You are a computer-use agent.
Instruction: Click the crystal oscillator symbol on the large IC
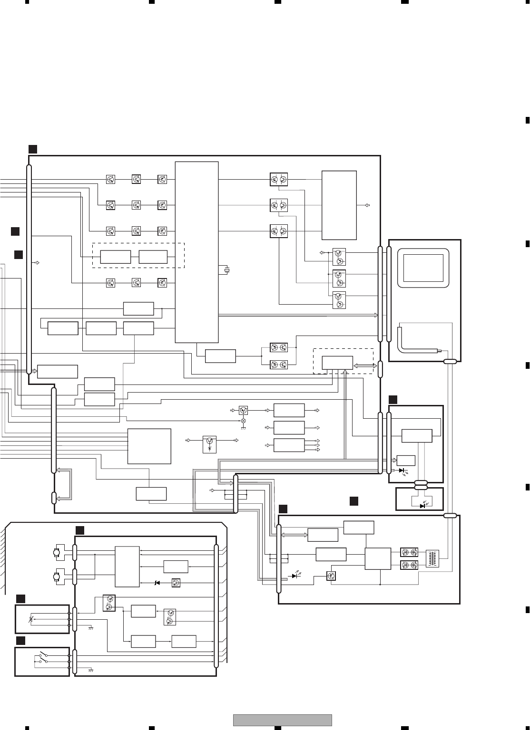pyautogui.click(x=227, y=270)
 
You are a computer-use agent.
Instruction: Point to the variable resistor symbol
pyautogui.click(x=32, y=620)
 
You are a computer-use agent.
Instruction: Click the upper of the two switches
pyautogui.click(x=43, y=654)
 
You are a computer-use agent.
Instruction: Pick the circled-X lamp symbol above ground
pyautogui.click(x=243, y=421)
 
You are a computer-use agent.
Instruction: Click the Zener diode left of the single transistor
pyautogui.click(x=157, y=583)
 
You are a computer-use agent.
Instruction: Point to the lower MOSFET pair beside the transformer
pyautogui.click(x=410, y=565)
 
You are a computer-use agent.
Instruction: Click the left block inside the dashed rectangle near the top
pyautogui.click(x=116, y=257)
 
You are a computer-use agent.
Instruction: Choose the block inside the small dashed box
pyautogui.click(x=337, y=363)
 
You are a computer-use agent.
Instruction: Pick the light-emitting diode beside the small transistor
pyautogui.click(x=295, y=576)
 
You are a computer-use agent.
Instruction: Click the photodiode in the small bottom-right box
pyautogui.click(x=422, y=506)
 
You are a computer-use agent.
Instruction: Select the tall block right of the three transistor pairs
pyautogui.click(x=339, y=205)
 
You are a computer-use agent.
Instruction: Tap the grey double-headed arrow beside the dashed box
pyautogui.click(x=365, y=365)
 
